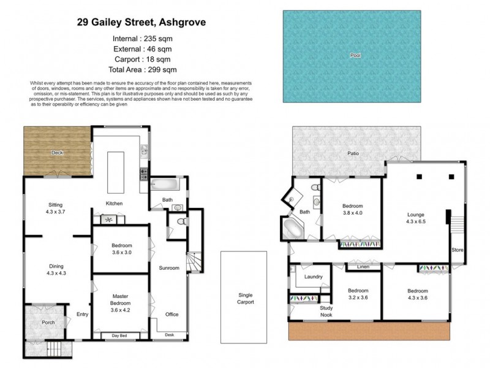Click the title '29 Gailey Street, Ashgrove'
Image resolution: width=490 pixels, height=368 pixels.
tap(141, 23)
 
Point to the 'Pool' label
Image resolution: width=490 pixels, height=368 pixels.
tap(355, 55)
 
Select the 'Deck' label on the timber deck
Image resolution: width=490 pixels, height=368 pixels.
tap(57, 152)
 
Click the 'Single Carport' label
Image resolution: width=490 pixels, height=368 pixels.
tap(245, 298)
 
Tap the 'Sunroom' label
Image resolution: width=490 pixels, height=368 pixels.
tap(169, 268)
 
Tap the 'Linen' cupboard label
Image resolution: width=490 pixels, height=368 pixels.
tap(361, 267)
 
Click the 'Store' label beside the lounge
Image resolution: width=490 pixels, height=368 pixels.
tap(457, 250)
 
